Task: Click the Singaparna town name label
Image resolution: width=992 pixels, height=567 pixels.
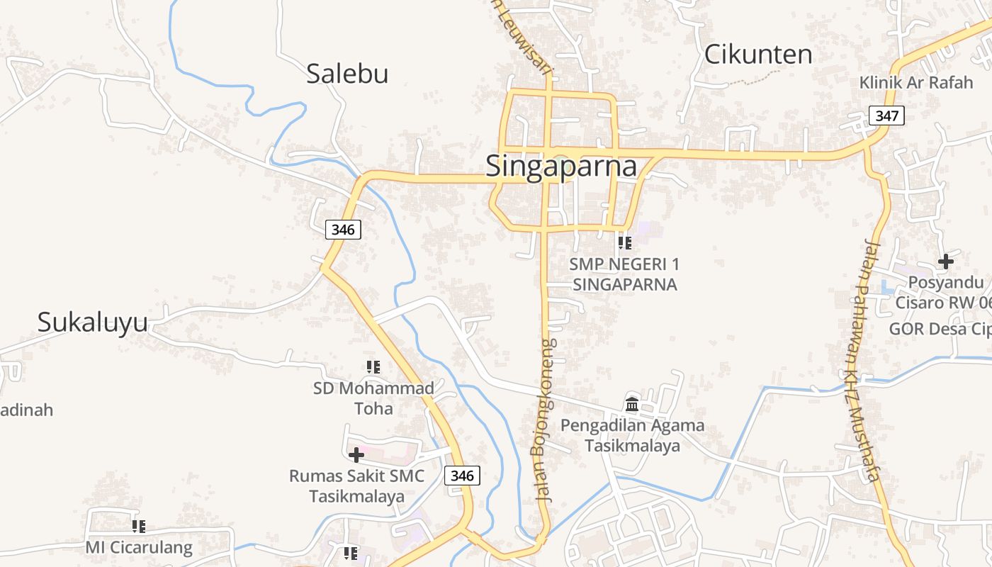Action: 560,167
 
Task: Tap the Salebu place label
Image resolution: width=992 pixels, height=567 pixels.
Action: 347,73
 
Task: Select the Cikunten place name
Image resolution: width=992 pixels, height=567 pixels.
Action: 757,55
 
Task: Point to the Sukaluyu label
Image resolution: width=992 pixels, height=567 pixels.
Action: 92,322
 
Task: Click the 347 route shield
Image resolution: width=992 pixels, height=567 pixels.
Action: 886,116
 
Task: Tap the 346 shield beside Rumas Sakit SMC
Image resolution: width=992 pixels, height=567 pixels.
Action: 462,476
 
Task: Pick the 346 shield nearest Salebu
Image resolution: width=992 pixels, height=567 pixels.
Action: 343,230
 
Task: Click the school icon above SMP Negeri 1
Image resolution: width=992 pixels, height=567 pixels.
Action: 624,243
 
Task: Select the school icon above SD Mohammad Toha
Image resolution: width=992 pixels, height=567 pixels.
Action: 373,367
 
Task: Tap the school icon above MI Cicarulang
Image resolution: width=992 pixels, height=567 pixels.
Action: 139,527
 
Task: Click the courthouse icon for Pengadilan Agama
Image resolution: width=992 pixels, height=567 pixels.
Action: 632,405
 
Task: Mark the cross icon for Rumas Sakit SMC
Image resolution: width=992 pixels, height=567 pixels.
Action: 356,455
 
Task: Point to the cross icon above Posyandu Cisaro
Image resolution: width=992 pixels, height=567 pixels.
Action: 945,262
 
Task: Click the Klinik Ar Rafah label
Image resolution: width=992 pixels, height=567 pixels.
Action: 915,82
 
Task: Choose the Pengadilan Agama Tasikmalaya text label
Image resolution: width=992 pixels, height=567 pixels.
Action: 632,435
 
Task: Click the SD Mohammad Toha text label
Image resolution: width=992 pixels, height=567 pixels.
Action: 373,398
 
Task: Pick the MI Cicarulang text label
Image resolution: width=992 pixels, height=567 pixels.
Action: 139,548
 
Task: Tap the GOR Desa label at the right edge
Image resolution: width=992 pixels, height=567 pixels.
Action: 939,329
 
